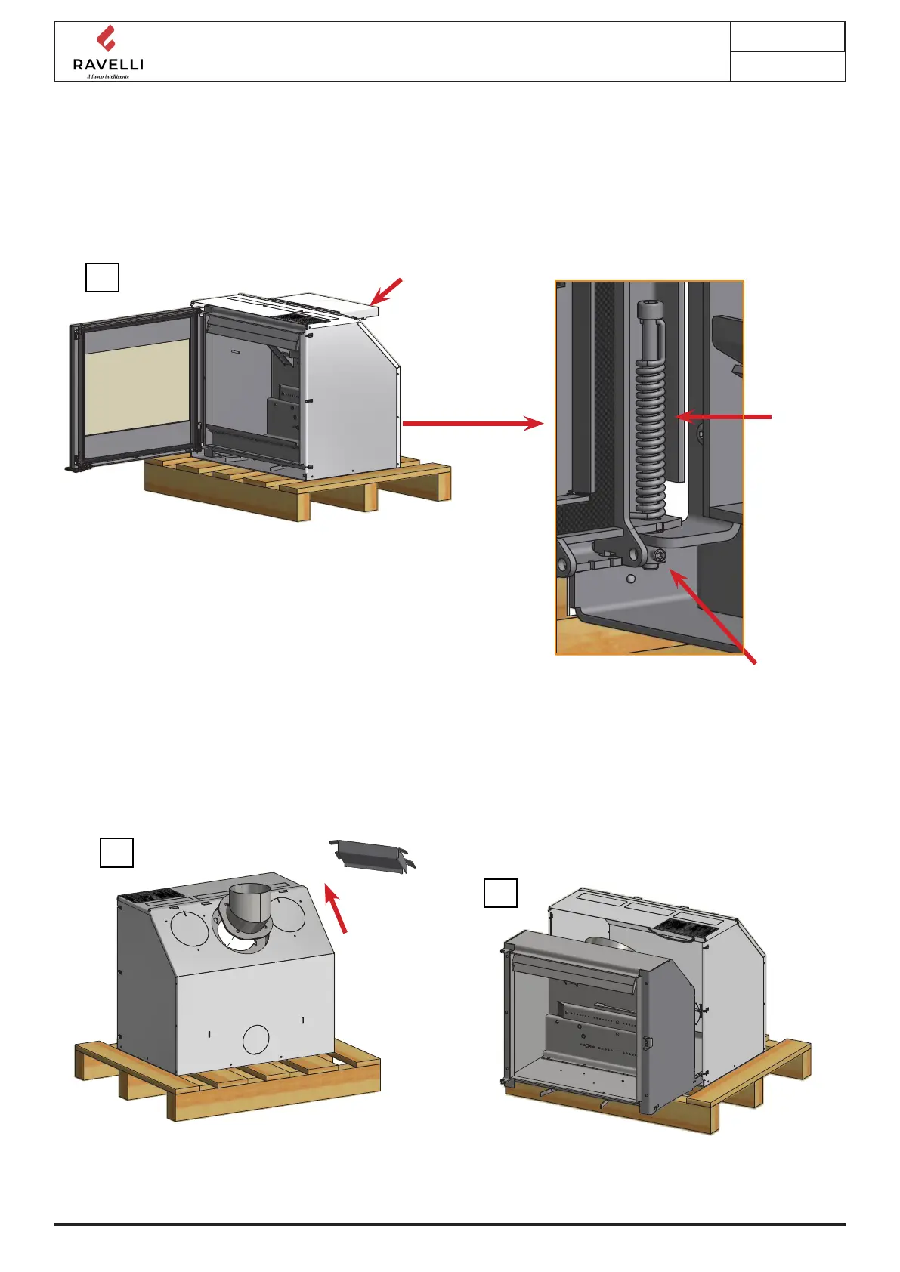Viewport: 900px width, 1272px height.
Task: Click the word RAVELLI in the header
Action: tap(108, 65)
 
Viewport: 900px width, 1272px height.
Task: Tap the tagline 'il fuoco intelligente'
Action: tap(108, 76)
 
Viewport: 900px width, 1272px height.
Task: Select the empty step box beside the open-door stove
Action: tap(102, 277)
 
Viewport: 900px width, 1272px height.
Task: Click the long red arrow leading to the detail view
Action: tap(472, 424)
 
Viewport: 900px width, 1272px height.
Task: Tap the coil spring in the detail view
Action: tap(650, 438)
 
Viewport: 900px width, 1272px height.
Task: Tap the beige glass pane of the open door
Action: tap(138, 386)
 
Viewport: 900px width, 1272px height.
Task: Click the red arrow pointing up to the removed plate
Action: tap(336, 909)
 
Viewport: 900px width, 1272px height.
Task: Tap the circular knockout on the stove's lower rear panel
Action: tap(256, 1039)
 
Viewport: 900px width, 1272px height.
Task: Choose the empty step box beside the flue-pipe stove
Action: tap(117, 852)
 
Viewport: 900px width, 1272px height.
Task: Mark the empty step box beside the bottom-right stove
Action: tap(500, 893)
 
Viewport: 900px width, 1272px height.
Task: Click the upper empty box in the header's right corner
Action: tap(787, 37)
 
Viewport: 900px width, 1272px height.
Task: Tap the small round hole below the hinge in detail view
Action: tap(631, 579)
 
